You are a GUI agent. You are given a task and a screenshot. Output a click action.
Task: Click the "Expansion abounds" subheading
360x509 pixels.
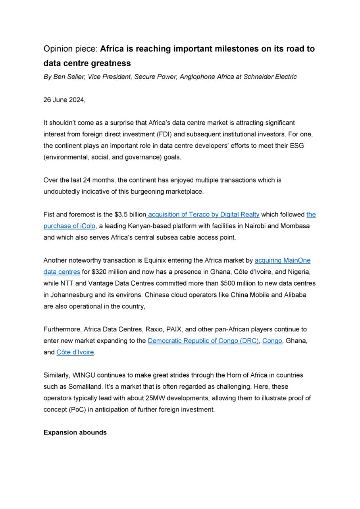coord(75,432)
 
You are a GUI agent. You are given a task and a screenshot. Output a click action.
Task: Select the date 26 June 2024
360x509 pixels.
coord(64,100)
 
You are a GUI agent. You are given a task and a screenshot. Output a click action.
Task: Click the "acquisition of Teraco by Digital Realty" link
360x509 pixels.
coord(203,215)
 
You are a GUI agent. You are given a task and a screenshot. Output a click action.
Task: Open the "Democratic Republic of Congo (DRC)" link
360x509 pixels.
coord(203,341)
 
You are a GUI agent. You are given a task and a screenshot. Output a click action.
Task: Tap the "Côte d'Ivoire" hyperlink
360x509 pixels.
coord(75,352)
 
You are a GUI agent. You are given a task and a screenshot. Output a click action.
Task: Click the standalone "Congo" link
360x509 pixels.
coord(272,341)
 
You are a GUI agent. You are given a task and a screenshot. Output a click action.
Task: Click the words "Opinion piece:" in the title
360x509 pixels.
coord(71,49)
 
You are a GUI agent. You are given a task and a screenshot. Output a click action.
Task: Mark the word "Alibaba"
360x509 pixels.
coord(295,295)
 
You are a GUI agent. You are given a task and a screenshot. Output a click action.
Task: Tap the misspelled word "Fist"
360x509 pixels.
coord(49,215)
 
